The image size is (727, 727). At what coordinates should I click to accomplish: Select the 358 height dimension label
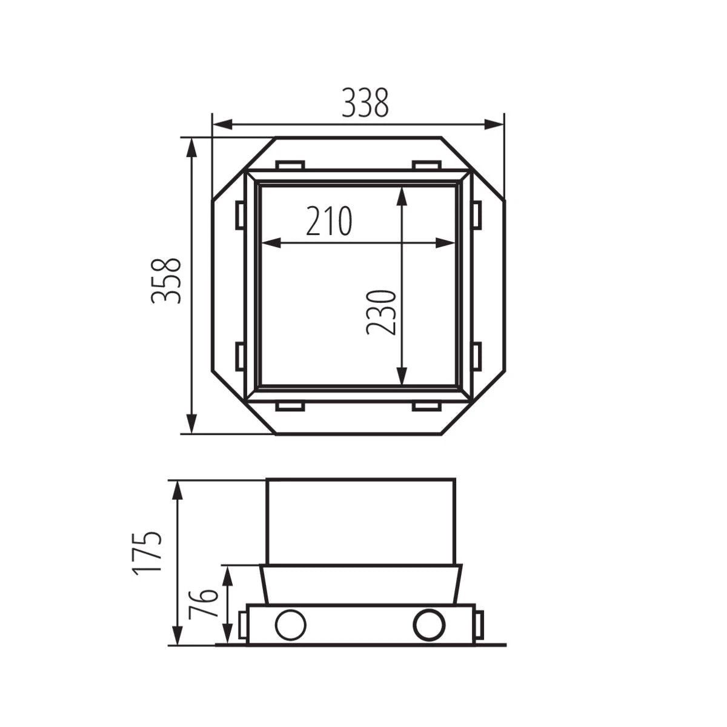(x=165, y=280)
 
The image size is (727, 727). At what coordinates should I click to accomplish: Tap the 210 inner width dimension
(x=328, y=221)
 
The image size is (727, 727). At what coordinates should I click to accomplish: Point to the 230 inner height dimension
(x=381, y=312)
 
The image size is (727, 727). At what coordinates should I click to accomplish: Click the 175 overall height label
(x=147, y=553)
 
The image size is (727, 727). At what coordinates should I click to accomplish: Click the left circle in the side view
(x=290, y=625)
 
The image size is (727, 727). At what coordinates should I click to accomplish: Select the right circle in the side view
(x=429, y=625)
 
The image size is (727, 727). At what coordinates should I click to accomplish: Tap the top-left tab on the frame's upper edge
(x=290, y=165)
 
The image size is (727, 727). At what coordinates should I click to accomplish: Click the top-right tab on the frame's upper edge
(x=428, y=165)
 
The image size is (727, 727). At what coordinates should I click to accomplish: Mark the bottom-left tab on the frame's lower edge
(x=290, y=406)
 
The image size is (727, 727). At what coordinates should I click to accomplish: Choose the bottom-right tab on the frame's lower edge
(x=428, y=406)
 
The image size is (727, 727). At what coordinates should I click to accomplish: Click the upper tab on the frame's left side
(x=240, y=214)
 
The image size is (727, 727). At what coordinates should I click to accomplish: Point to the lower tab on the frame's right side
(x=477, y=356)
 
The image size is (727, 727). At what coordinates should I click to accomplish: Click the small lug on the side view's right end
(x=480, y=625)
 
